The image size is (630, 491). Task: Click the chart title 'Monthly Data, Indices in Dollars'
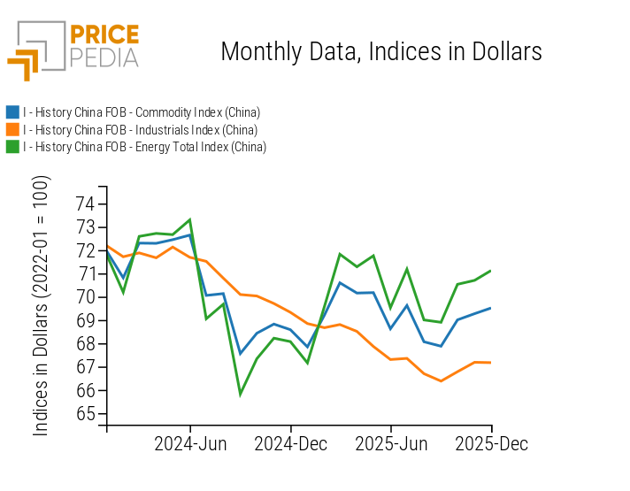(380, 51)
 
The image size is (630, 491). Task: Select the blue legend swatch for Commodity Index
(12, 112)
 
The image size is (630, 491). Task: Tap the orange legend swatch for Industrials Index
(12, 130)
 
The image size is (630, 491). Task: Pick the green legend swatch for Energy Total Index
(12, 147)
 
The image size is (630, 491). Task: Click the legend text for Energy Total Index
(144, 147)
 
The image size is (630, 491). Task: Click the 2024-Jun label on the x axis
(191, 443)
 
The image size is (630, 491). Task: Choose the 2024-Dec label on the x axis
(292, 443)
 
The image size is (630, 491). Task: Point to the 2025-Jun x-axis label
(392, 443)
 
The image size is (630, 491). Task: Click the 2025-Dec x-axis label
(492, 443)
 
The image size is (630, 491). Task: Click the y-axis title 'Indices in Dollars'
(42, 305)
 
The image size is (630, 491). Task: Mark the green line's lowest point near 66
(240, 394)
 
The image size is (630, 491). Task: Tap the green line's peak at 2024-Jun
(190, 219)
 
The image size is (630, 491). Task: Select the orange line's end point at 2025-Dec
(492, 363)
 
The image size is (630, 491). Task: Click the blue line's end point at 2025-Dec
(492, 308)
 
